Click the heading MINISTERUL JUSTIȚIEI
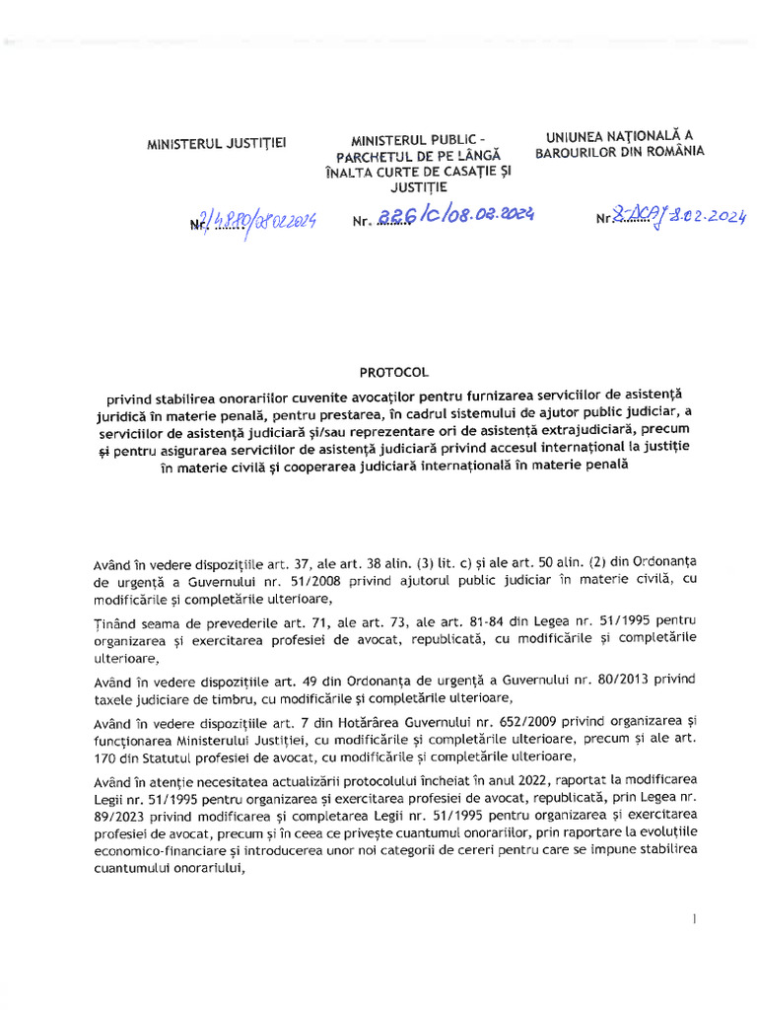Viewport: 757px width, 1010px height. coord(217,144)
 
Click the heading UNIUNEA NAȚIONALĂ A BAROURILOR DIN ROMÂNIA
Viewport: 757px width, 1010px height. coord(619,144)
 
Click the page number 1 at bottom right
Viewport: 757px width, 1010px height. coord(696,919)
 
